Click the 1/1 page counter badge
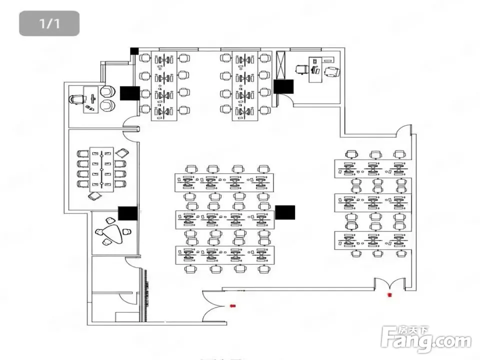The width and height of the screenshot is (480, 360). tap(49, 23)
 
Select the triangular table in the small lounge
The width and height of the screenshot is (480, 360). tap(109, 233)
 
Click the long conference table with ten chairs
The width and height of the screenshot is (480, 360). tap(101, 170)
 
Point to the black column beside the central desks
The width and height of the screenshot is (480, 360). tap(285, 212)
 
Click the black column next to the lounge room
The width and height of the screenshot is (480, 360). tap(127, 214)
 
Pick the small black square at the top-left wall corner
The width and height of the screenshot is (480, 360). tap(134, 50)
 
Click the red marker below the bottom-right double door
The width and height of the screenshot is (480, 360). tap(389, 295)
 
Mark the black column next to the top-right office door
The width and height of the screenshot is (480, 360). tap(283, 86)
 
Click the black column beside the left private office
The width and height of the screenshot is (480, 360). tap(129, 93)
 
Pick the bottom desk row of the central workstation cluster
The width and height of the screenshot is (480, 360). tap(224, 254)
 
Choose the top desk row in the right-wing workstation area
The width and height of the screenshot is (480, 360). tap(373, 168)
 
